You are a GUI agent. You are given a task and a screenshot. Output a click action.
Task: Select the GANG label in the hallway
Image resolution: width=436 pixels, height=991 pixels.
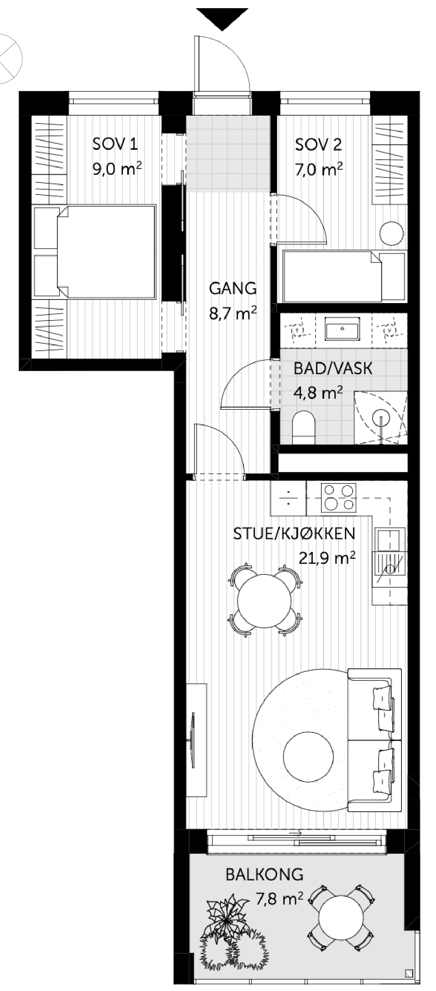point(233,288)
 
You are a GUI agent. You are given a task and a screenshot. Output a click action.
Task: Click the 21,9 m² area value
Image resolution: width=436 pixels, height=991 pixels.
point(327,557)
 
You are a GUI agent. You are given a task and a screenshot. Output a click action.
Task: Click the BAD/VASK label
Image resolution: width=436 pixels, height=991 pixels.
point(333,369)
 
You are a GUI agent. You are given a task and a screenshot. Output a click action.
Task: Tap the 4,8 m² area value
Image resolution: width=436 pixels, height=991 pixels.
point(318,393)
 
